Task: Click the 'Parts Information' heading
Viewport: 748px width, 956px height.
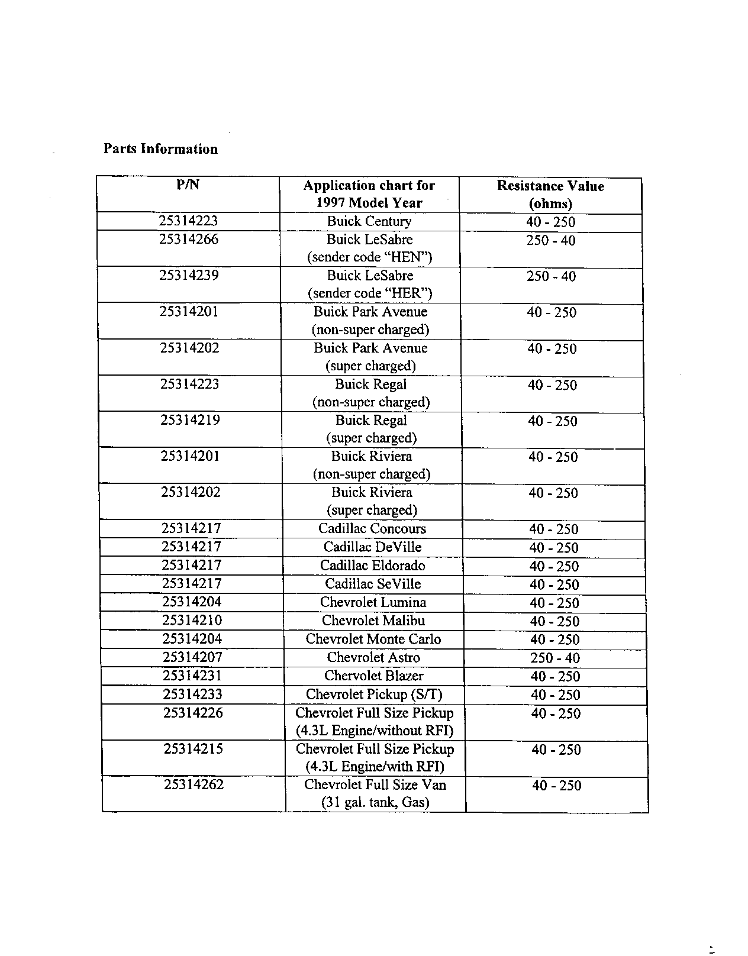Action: (160, 149)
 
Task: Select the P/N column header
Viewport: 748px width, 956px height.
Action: (188, 185)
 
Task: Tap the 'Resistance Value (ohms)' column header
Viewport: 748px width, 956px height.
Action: (550, 195)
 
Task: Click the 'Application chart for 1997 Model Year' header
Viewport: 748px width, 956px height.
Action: (369, 194)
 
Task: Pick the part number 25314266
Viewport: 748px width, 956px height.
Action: (189, 239)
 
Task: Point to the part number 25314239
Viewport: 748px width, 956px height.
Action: (189, 275)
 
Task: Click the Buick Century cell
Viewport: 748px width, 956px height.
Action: (369, 221)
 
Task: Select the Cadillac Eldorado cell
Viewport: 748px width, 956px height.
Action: (373, 566)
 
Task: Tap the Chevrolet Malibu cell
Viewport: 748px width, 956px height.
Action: (373, 621)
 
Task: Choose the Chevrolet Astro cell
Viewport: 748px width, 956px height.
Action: (373, 657)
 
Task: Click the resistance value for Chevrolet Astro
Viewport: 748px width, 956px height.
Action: (555, 658)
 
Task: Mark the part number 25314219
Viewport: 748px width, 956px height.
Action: (190, 420)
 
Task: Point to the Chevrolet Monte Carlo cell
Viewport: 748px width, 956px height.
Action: (373, 639)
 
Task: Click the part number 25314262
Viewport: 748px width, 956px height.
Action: (194, 784)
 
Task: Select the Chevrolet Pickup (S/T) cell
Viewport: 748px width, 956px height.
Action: (374, 694)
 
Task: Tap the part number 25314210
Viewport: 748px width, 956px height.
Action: (192, 621)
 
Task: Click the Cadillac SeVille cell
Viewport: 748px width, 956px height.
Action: (373, 584)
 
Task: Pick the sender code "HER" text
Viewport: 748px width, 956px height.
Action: (370, 293)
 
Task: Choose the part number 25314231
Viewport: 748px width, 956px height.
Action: (192, 676)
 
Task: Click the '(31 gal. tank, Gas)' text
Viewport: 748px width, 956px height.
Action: (375, 803)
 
